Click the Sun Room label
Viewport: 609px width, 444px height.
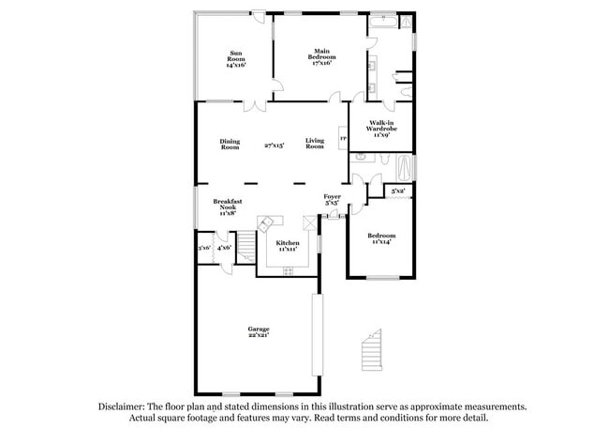234,59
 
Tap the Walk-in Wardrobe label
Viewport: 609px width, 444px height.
379,129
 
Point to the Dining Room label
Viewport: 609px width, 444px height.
230,145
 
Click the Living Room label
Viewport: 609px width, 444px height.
315,145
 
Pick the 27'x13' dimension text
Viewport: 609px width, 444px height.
274,145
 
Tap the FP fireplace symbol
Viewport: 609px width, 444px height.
343,140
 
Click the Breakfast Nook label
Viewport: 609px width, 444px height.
228,207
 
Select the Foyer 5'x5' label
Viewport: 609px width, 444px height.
332,200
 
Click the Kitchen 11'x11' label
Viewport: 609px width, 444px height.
288,246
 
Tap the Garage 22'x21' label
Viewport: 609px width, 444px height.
259,331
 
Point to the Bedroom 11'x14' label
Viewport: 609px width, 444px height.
380,238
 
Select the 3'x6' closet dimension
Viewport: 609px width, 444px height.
204,248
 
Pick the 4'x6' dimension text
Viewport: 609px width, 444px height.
225,248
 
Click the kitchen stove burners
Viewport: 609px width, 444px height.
288,270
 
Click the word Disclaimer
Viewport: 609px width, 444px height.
125,406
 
